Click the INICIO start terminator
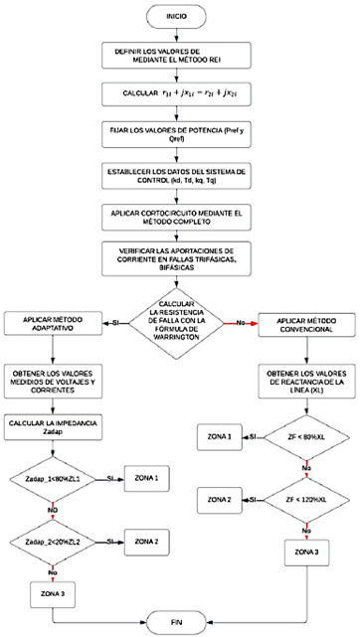179,17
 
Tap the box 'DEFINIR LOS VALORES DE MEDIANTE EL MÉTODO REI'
179,57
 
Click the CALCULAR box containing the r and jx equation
179,94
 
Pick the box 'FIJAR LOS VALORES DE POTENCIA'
179,135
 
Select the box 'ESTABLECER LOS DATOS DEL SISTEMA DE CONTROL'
179,175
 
